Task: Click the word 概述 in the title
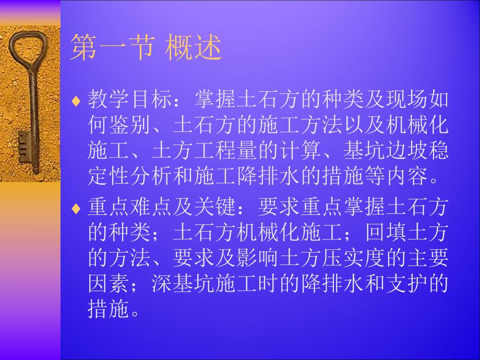coord(195,49)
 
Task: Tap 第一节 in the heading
coord(112,49)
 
